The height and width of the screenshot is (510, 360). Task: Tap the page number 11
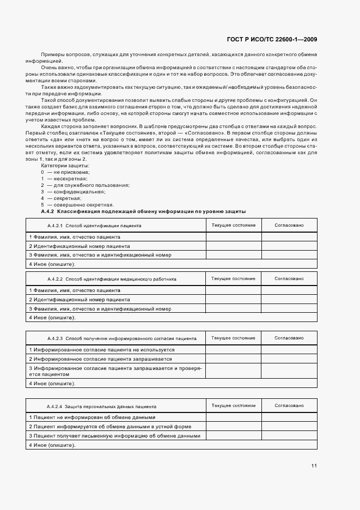pyautogui.click(x=314, y=465)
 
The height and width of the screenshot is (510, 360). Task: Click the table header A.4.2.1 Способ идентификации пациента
pyautogui.click(x=94, y=225)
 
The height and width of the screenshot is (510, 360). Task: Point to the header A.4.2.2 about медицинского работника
pyautogui.click(x=112, y=278)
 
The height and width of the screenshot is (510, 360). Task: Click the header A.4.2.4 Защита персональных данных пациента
pyautogui.click(x=102, y=406)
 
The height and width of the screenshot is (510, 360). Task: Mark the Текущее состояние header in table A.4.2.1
pyautogui.click(x=233, y=225)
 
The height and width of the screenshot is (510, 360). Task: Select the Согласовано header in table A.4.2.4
pyautogui.click(x=289, y=406)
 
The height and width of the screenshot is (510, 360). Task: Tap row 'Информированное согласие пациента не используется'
pyautogui.click(x=101, y=349)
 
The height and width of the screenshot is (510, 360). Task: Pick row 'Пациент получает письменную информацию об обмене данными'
pyautogui.click(x=115, y=436)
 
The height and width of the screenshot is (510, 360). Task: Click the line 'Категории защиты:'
pyautogui.click(x=65, y=165)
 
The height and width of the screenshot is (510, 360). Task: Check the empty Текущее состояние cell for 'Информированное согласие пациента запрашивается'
pyautogui.click(x=233, y=359)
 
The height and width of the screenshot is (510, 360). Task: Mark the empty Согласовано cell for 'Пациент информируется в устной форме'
pyautogui.click(x=289, y=426)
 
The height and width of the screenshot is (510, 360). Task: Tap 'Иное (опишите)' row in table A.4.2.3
pyautogui.click(x=52, y=383)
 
